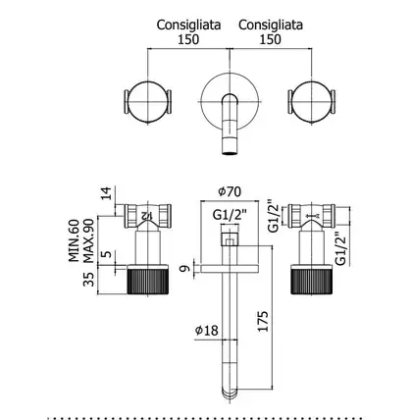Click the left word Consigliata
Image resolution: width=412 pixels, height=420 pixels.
[188, 25]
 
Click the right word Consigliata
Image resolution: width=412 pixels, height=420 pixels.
[271, 25]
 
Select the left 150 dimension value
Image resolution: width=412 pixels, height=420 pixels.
[188, 39]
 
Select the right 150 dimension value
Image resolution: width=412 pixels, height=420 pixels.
[270, 39]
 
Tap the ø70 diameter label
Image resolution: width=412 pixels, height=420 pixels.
[230, 191]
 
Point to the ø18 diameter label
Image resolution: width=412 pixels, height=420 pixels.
[206, 330]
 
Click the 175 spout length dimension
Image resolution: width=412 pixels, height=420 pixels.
[263, 321]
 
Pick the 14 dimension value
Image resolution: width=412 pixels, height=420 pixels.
[106, 193]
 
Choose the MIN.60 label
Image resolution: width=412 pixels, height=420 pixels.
[75, 240]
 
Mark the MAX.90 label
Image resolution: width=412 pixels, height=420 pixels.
[88, 240]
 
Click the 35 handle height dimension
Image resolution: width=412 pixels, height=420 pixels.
[88, 280]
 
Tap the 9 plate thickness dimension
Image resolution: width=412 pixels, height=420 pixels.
[185, 269]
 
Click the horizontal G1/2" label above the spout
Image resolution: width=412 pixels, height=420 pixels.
[230, 215]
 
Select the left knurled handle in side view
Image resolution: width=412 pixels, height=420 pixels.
[148, 279]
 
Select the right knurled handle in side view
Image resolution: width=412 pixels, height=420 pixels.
[312, 279]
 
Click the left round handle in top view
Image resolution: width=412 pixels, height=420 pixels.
[148, 102]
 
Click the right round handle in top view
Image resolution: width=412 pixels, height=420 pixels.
[312, 102]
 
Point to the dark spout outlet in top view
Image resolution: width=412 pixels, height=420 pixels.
[230, 151]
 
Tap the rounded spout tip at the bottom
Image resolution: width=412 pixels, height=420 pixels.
[230, 394]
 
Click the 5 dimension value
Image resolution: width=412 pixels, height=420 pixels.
[107, 254]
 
